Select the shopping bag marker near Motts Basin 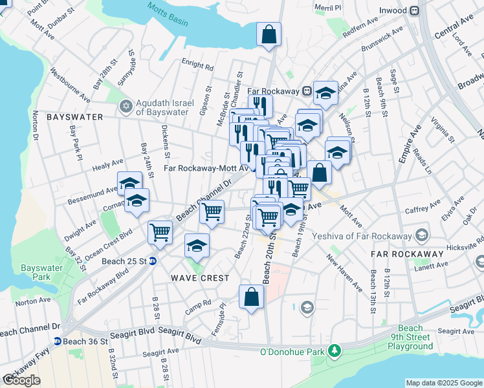pyautogui.click(x=268, y=36)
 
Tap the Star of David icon pyautogui.click(x=127, y=105)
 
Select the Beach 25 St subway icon pyautogui.click(x=153, y=262)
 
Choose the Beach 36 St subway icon pyautogui.click(x=57, y=341)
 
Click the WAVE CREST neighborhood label pyautogui.click(x=200, y=278)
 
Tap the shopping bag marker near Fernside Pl pyautogui.click(x=251, y=297)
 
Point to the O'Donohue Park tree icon pyautogui.click(x=334, y=351)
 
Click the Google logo pyautogui.click(x=21, y=380)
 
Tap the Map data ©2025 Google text pyautogui.click(x=443, y=383)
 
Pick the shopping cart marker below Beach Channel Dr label pyautogui.click(x=212, y=212)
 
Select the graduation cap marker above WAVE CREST pyautogui.click(x=197, y=246)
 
